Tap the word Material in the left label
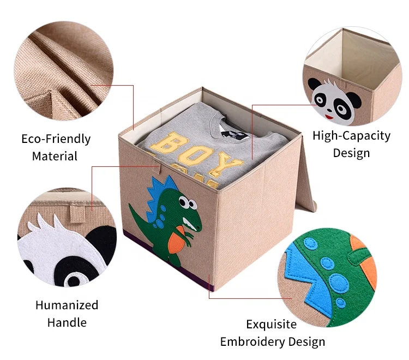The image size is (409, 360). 55,156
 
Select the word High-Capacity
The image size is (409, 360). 352,136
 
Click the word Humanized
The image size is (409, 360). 67,305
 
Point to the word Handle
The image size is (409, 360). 67,322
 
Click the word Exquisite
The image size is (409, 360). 272,325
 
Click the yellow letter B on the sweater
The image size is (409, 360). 169,145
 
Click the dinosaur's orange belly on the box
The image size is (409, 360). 176,239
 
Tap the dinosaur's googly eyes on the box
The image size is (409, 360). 190,204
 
